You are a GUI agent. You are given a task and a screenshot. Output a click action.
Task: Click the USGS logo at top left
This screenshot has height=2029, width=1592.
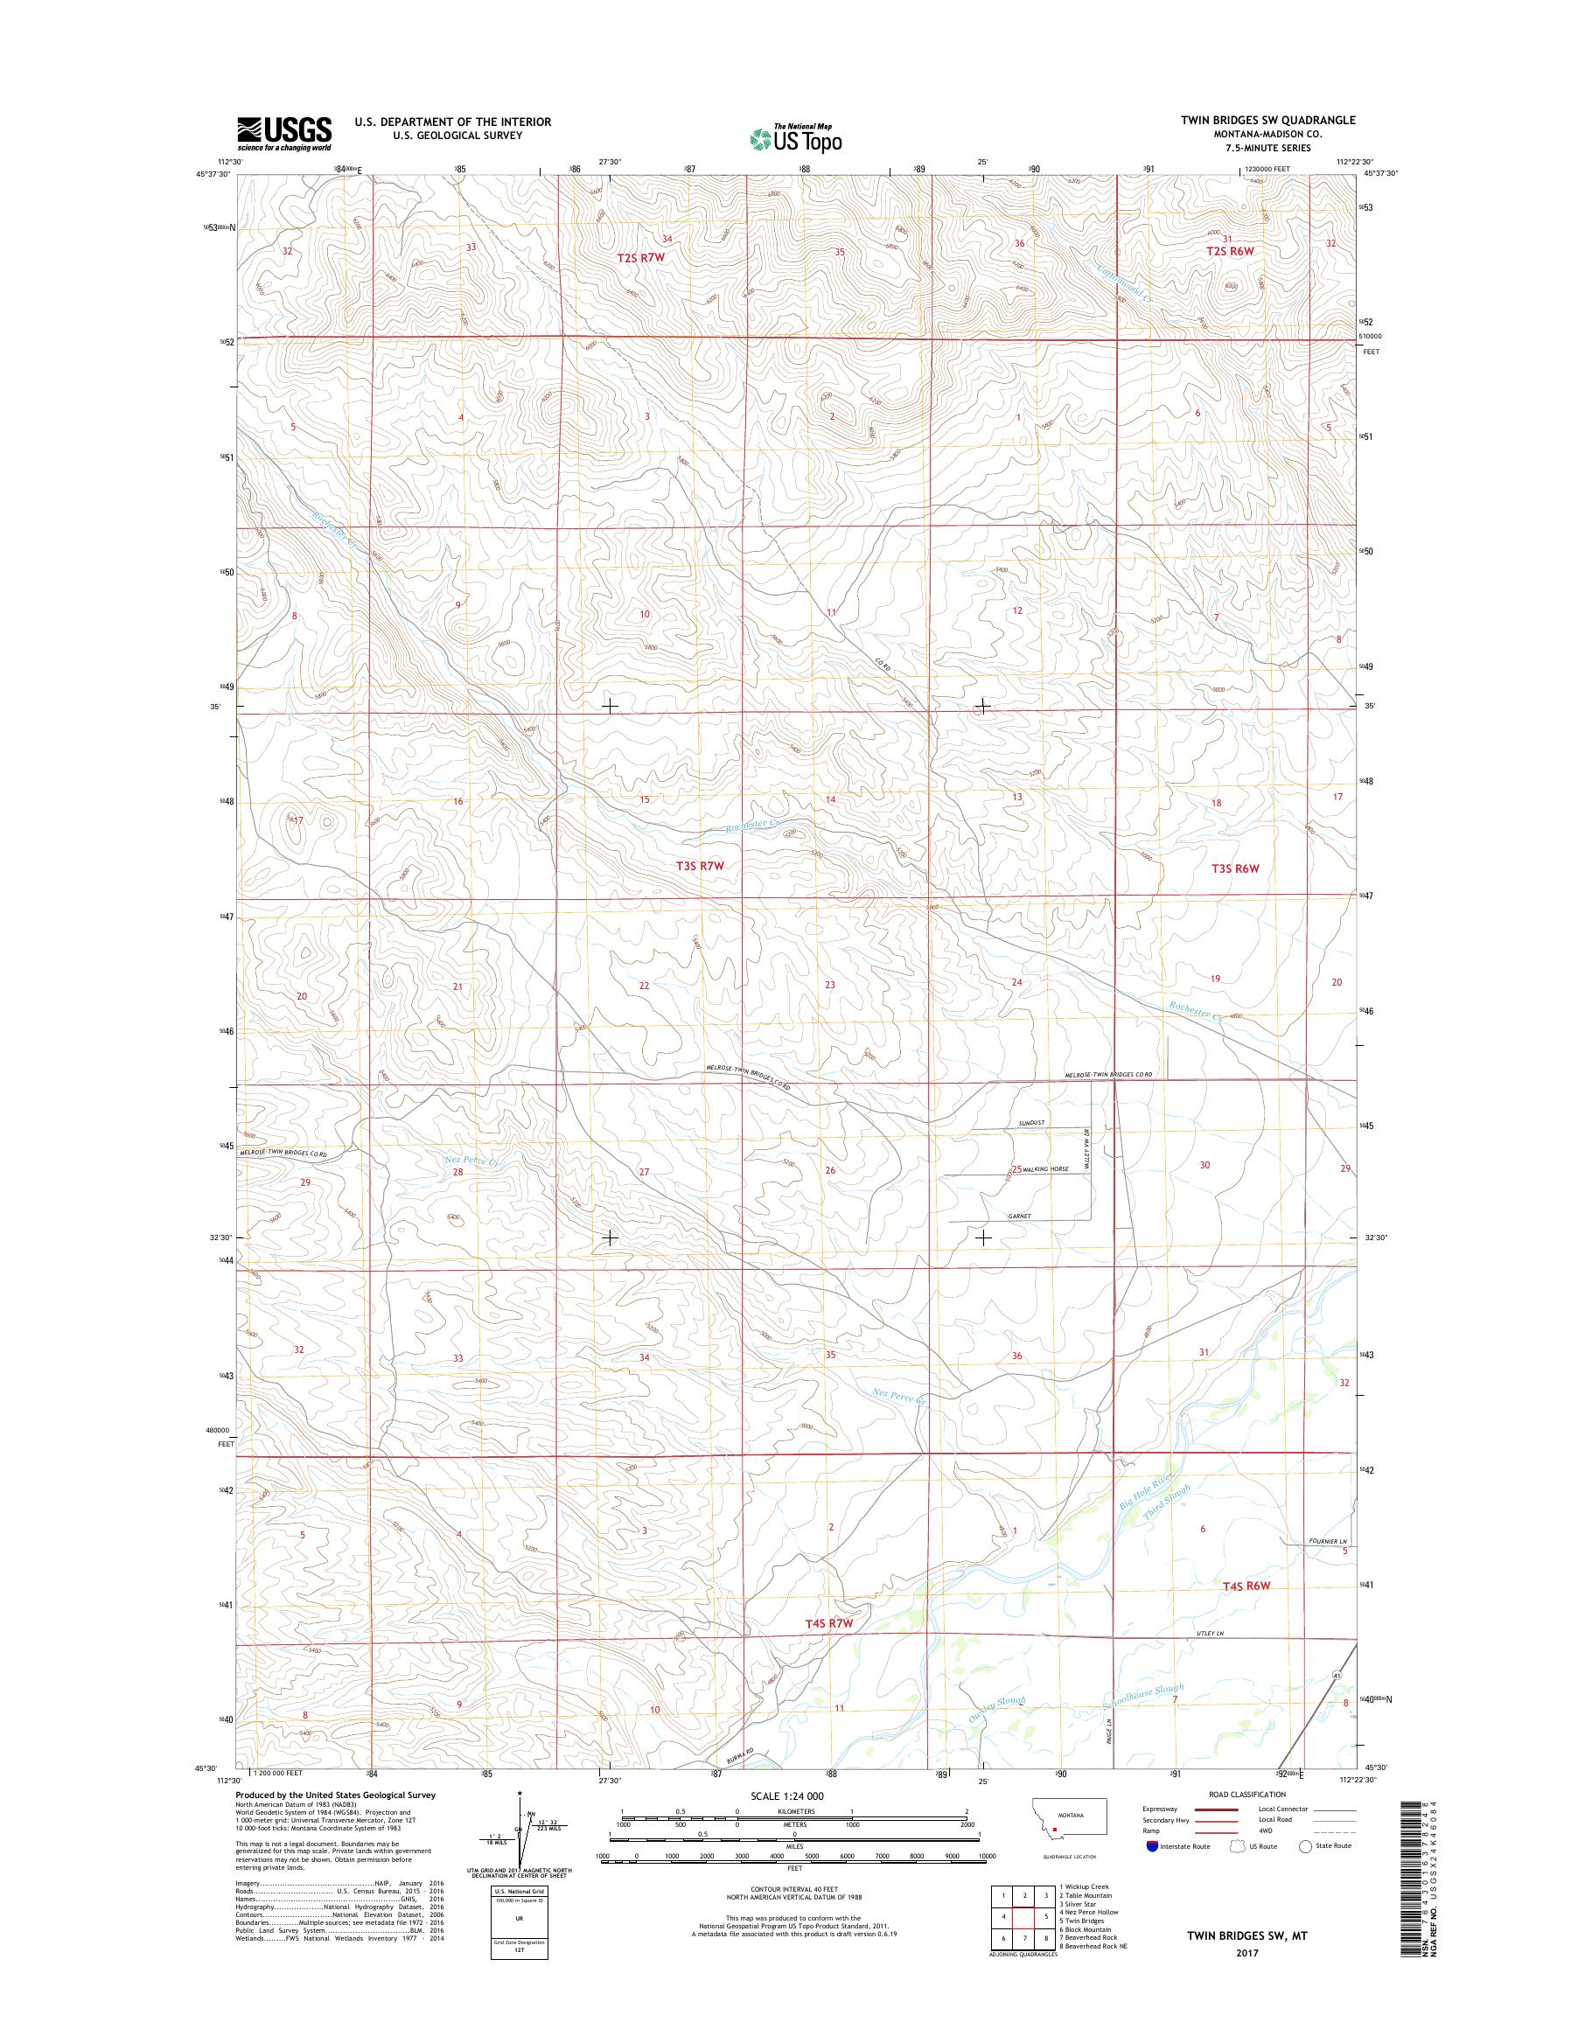click(x=284, y=132)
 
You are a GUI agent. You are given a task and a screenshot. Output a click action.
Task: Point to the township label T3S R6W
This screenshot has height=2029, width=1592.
click(x=1235, y=868)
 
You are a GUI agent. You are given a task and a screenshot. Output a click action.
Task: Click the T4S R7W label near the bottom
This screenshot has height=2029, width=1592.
click(x=828, y=1622)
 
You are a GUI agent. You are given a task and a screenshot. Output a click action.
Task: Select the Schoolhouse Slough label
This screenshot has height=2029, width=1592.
click(x=1142, y=1698)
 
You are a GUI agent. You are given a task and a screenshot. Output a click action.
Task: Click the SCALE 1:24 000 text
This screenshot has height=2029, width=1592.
click(x=786, y=1796)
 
